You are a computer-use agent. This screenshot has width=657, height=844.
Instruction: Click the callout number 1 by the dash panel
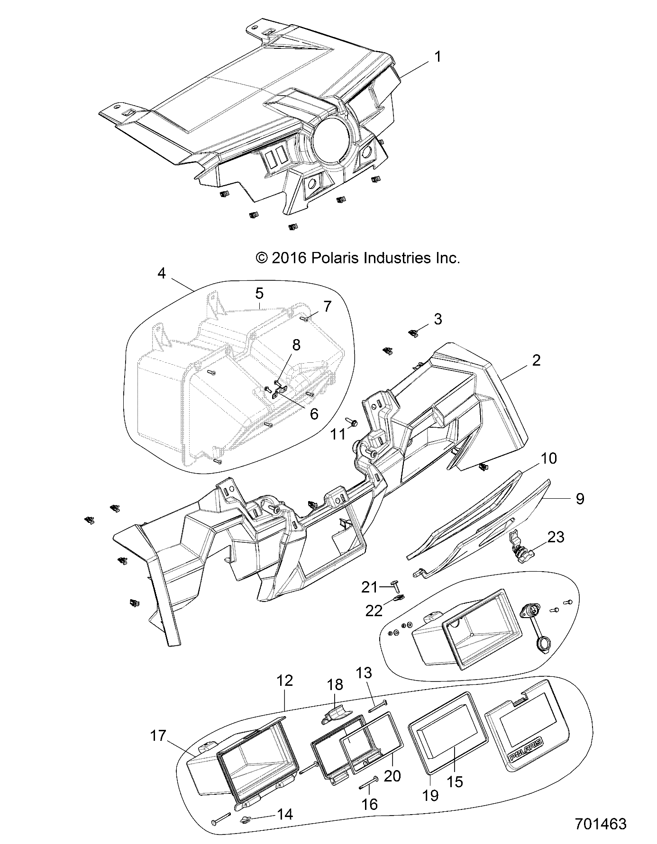pos(438,57)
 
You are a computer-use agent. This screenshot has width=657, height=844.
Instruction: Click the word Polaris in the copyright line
pos(336,258)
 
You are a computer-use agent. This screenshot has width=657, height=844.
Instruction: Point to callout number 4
pos(162,273)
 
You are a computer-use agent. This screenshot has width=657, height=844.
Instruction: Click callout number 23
pos(556,538)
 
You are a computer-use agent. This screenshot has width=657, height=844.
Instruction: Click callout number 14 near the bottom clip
pos(284,814)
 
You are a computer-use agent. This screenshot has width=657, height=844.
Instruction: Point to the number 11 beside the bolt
pos(338,434)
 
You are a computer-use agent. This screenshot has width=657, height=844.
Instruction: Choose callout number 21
pos(370,587)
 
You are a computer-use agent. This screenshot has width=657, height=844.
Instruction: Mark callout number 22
pos(374,611)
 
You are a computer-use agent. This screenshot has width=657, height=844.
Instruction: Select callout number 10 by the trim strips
pos(548,458)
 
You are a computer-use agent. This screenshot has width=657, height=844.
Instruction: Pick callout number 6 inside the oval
pos(314,413)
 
